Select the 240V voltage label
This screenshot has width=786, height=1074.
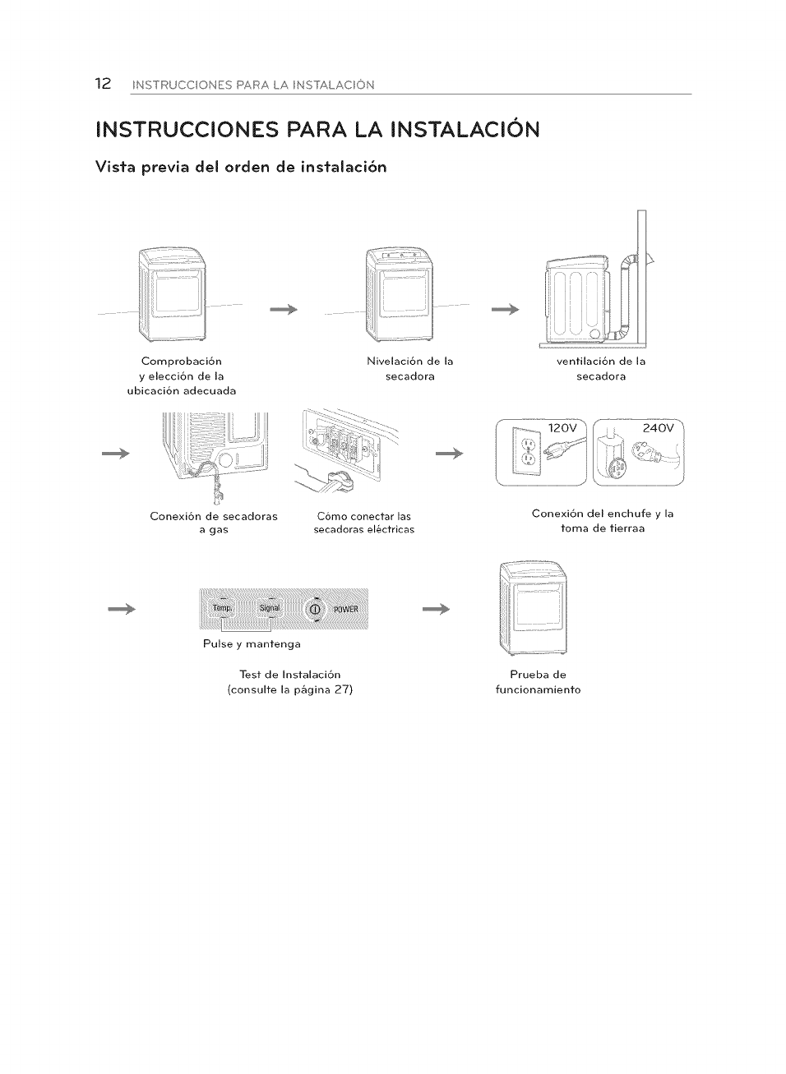tap(658, 427)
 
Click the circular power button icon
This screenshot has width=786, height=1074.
tap(315, 609)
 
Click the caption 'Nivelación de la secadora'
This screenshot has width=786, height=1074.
tap(409, 368)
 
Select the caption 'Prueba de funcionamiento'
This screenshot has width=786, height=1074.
tap(538, 682)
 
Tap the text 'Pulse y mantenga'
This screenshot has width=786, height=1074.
tap(252, 643)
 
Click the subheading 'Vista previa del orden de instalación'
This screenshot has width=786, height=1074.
tap(241, 167)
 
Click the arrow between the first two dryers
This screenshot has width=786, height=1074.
tap(282, 310)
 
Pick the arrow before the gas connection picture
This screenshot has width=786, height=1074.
tap(116, 454)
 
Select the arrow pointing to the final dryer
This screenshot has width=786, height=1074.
tap(437, 609)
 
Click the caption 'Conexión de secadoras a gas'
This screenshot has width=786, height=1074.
tap(214, 523)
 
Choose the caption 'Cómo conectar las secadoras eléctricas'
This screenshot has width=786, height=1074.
tap(363, 523)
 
